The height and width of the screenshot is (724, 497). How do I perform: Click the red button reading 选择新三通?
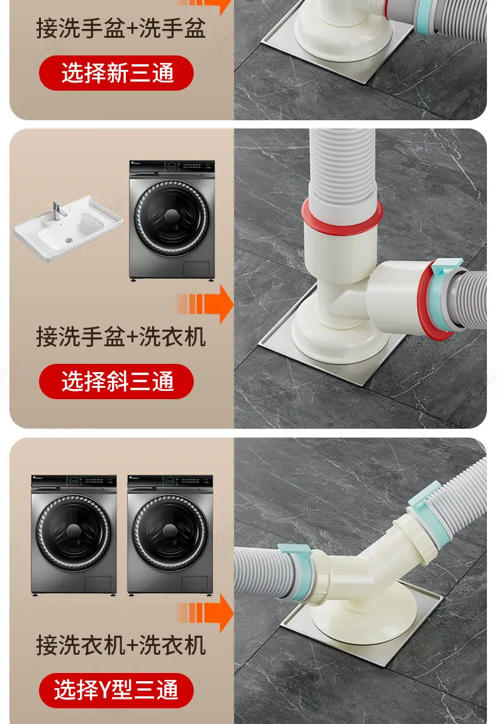coord(116,73)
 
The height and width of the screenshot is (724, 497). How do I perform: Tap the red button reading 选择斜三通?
coord(116,382)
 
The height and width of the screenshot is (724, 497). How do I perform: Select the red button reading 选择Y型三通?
coord(116,690)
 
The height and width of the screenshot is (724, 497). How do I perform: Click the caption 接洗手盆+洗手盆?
coord(121,28)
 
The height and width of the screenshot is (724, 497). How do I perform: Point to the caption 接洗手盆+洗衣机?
coord(121,337)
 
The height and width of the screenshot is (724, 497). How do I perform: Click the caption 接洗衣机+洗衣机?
coord(121,645)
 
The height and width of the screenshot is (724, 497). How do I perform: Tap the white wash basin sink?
coord(69,229)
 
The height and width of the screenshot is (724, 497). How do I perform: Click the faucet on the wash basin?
coord(57,211)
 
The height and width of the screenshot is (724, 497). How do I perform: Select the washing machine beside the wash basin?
coord(172,220)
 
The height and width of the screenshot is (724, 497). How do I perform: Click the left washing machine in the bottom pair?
coord(74,535)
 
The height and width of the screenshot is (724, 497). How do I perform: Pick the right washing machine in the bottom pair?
coord(170,535)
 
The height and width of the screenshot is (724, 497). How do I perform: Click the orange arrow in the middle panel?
coord(205,304)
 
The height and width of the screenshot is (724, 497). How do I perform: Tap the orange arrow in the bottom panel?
coord(205,613)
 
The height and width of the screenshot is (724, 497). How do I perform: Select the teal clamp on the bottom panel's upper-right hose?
coord(432,510)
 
